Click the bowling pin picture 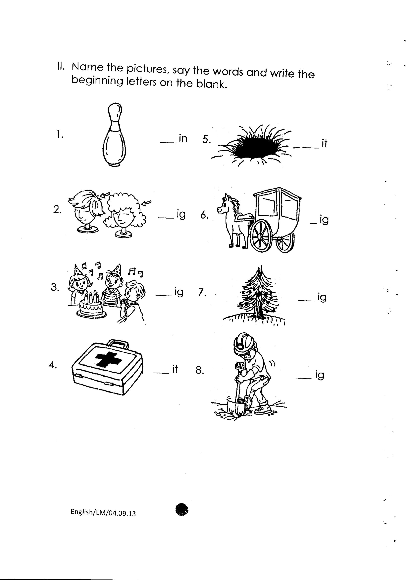point(114,135)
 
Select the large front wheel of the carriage point(261,236)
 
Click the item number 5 point(206,139)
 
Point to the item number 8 point(200,370)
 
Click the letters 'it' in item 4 point(175,369)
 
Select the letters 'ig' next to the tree point(322,297)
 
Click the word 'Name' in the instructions point(87,67)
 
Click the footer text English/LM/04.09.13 point(103,513)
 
